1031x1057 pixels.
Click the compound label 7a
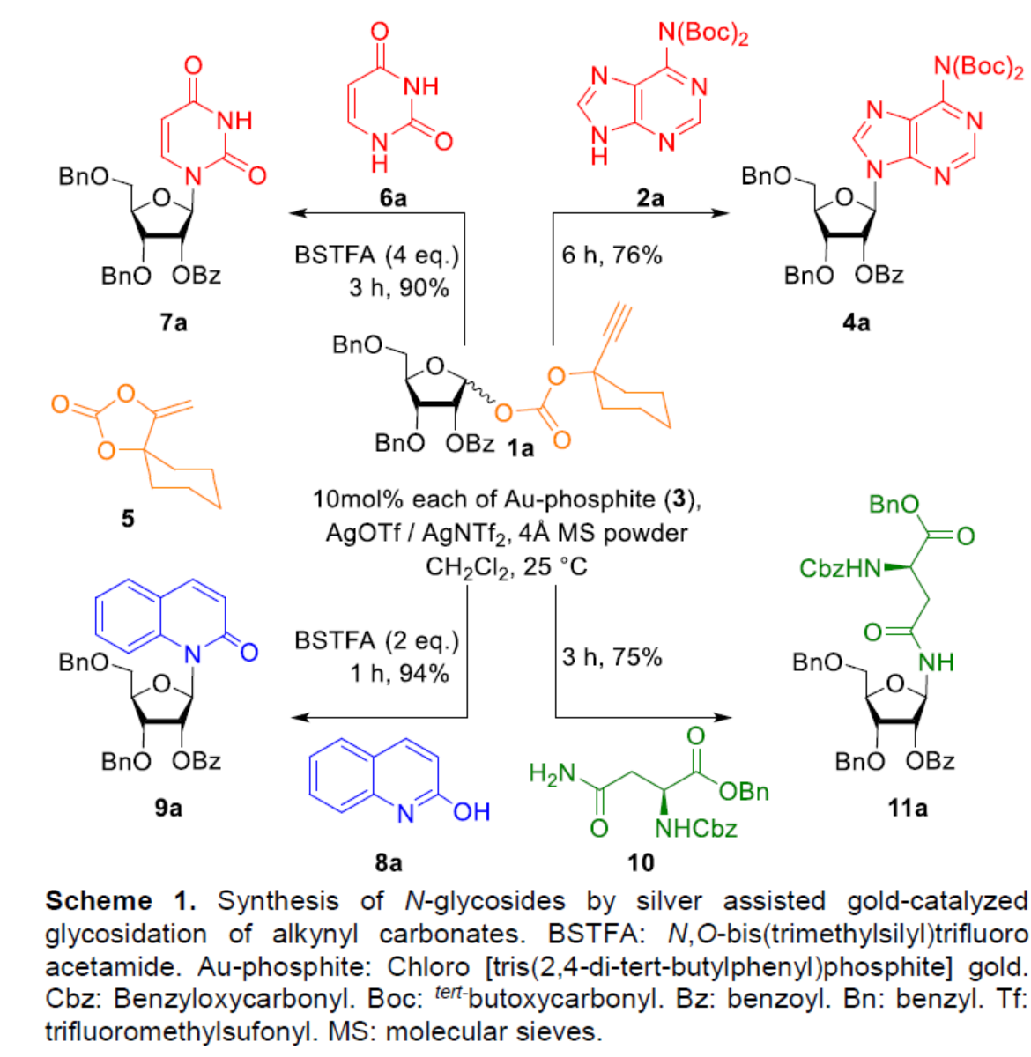pyautogui.click(x=174, y=322)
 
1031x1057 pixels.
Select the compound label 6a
pyautogui.click(x=393, y=198)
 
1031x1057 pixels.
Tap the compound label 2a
pyautogui.click(x=650, y=198)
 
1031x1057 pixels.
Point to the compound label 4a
pyautogui.click(x=855, y=322)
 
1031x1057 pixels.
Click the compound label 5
pyautogui.click(x=128, y=518)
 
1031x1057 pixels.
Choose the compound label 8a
pyautogui.click(x=388, y=861)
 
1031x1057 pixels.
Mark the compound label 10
pyautogui.click(x=641, y=861)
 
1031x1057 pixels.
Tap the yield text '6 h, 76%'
pyautogui.click(x=612, y=255)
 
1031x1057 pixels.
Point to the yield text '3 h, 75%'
pyautogui.click(x=612, y=657)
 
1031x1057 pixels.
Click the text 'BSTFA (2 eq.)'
pyautogui.click(x=377, y=640)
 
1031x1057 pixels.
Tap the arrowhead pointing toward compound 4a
pyautogui.click(x=722, y=213)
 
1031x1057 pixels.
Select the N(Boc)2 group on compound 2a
pyautogui.click(x=702, y=34)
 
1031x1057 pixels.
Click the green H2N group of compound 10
pyautogui.click(x=552, y=774)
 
